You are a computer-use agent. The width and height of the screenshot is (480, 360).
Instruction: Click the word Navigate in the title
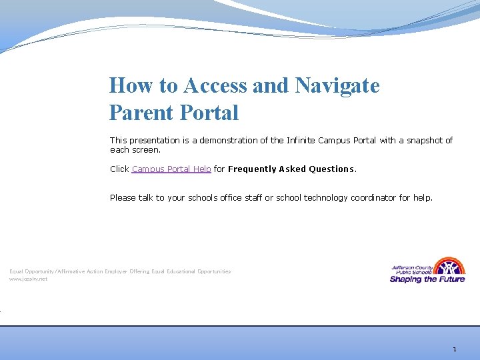[337, 85]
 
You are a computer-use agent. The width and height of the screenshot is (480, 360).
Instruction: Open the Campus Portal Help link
[171, 169]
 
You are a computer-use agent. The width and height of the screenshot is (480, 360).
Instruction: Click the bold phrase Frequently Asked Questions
[291, 169]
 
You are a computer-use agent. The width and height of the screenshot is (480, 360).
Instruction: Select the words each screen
[135, 150]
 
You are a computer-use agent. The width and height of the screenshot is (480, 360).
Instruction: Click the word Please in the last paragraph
[123, 198]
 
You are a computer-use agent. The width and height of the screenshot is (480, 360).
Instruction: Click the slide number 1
[454, 349]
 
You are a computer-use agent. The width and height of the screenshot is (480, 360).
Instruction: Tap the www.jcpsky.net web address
[28, 279]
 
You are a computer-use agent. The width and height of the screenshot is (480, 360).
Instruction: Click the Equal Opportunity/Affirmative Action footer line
[120, 271]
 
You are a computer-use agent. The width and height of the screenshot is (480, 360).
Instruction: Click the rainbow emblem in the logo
[451, 266]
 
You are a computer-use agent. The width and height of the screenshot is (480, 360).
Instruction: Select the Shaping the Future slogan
[427, 279]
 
